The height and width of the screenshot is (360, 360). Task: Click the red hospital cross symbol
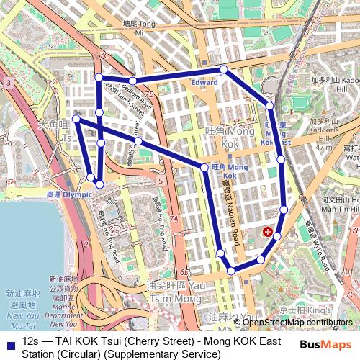(x=268, y=232)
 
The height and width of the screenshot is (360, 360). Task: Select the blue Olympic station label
(x=69, y=194)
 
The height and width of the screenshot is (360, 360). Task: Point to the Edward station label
(x=204, y=83)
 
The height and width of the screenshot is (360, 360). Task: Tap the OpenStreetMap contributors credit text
(x=297, y=322)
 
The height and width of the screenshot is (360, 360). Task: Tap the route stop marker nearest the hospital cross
(x=276, y=235)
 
